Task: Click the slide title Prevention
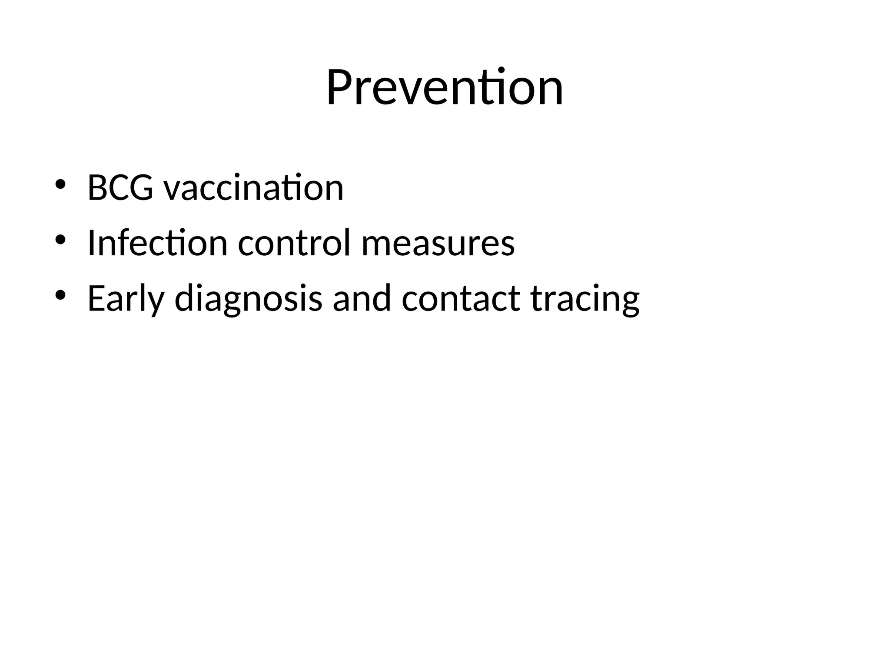445,88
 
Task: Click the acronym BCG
120,188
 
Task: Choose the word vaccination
253,188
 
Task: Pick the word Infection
157,243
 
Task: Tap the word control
294,243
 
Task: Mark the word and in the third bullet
362,298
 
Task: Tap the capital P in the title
339,88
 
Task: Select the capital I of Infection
91,243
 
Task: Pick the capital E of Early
96,298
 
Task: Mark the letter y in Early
156,302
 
